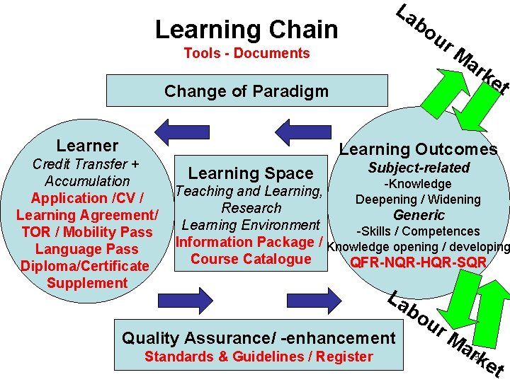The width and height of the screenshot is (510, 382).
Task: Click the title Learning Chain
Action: pyautogui.click(x=246, y=29)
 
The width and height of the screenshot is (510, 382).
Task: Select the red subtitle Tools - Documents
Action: pyautogui.click(x=246, y=53)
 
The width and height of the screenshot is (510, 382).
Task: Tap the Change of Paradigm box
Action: pyautogui.click(x=246, y=91)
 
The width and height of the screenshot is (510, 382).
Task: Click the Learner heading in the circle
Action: pyautogui.click(x=87, y=146)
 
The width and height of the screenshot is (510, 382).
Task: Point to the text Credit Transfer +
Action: pyautogui.click(x=86, y=164)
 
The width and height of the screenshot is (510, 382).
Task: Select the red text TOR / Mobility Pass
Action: pyautogui.click(x=86, y=232)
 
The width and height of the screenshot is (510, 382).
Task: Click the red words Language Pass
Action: pyautogui.click(x=86, y=249)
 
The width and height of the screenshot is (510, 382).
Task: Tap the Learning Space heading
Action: pyautogui.click(x=250, y=173)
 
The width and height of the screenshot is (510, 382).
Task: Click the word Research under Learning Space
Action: pyautogui.click(x=251, y=208)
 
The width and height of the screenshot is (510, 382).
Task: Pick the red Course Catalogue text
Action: pyautogui.click(x=251, y=259)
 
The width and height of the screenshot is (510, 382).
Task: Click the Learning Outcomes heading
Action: pyautogui.click(x=418, y=149)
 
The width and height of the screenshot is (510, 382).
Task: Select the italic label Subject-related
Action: pyautogui.click(x=418, y=168)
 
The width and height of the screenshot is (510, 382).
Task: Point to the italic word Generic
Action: pyautogui.click(x=418, y=215)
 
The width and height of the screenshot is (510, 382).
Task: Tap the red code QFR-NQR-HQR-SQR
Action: pyautogui.click(x=418, y=263)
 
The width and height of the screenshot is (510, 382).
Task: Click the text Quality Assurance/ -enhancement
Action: pyautogui.click(x=259, y=338)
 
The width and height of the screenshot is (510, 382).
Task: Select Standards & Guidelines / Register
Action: pyautogui.click(x=259, y=357)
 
